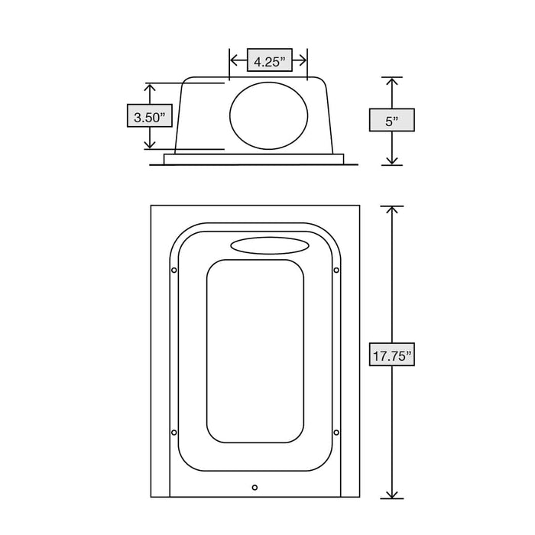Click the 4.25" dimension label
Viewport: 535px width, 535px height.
[x=268, y=61]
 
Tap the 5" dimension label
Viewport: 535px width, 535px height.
[x=391, y=121]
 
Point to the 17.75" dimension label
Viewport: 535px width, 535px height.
[x=391, y=355]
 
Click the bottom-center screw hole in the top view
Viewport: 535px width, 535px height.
[x=255, y=486]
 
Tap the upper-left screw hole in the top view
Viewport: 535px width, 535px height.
[x=174, y=270]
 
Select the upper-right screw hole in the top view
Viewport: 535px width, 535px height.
[x=336, y=270]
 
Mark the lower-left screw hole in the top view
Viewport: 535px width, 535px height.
[x=174, y=433]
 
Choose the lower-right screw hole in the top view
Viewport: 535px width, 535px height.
[x=336, y=433]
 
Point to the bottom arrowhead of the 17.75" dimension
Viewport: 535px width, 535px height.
[x=391, y=492]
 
